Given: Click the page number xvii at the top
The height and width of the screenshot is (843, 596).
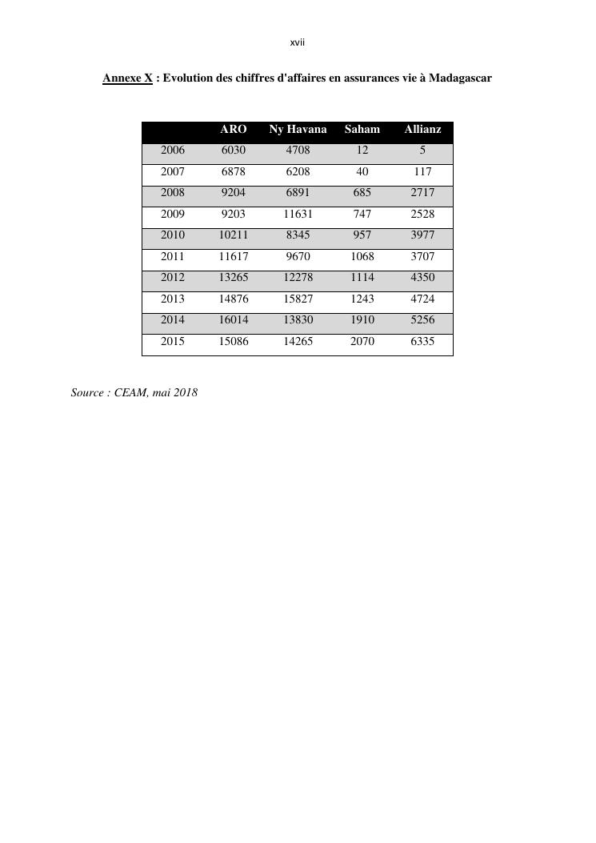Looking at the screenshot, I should [298, 42].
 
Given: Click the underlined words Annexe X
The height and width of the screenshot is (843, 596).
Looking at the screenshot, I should [127, 78].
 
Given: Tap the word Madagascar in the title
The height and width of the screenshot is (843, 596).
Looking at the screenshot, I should [460, 78].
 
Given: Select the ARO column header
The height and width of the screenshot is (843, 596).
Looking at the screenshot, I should [234, 129].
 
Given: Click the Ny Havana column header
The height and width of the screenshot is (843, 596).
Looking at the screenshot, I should [298, 129].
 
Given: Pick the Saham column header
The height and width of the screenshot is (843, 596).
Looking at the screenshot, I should [362, 129].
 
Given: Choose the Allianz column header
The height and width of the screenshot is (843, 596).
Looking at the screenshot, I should [422, 129].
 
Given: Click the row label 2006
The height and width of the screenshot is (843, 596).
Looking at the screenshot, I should [173, 150].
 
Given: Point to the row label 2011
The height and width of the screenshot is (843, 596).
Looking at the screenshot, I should [173, 256].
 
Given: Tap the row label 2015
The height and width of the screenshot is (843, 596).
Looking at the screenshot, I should [173, 341].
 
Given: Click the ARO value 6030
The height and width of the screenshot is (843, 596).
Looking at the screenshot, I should [234, 150].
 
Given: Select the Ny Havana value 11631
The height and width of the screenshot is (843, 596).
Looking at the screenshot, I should [298, 214].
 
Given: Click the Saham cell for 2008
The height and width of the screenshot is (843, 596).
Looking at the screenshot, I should [362, 192].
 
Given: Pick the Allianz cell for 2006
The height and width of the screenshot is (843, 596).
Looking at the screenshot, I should [422, 150].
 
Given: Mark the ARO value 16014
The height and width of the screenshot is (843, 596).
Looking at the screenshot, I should [234, 319].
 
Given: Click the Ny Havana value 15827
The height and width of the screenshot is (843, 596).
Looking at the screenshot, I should [298, 299].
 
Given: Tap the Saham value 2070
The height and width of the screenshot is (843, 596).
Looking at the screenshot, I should [362, 341].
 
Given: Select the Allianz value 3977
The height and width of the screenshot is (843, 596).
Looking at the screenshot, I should [422, 235].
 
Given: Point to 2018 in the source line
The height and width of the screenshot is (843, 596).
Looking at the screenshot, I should [185, 392].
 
